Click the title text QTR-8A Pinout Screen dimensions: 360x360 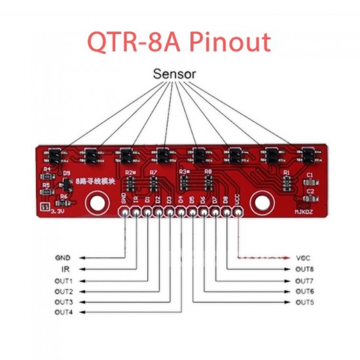click(x=179, y=42)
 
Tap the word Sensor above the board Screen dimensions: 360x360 click(x=174, y=74)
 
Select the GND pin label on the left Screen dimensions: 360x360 click(x=63, y=257)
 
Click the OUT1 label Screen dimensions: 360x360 click(x=63, y=280)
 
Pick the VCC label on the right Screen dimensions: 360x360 click(x=303, y=257)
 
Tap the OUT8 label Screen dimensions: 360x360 click(x=304, y=269)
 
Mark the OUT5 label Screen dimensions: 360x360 click(x=304, y=302)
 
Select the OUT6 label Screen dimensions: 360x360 click(x=304, y=291)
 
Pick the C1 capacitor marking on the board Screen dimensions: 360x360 click(x=310, y=175)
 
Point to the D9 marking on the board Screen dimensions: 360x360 click(x=66, y=173)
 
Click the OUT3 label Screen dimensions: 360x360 click(x=63, y=302)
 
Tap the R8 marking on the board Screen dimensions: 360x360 click(x=209, y=171)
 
